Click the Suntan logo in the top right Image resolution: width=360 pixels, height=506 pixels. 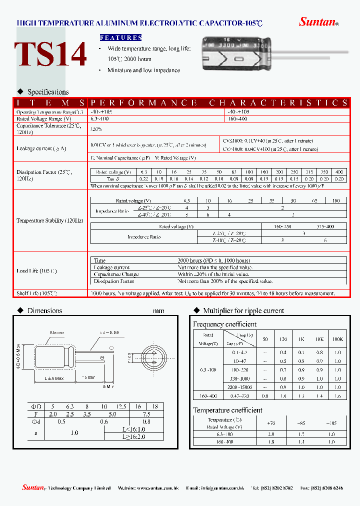coord(318,21)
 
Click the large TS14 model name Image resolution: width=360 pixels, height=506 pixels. coord(50,54)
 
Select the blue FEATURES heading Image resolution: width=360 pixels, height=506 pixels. coord(121,37)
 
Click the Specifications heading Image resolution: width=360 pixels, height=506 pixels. coord(48,92)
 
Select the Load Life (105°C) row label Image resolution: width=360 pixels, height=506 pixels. coord(36,271)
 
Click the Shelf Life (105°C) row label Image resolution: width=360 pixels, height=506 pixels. coord(36,293)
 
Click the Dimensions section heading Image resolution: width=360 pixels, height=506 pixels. coord(44,310)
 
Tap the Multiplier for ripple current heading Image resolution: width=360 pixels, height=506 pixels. coord(243,310)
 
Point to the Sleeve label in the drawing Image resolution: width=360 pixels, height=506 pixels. coord(56,332)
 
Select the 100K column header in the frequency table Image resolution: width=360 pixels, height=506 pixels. coord(338,339)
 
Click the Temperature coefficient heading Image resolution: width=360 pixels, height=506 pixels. coord(227,410)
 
